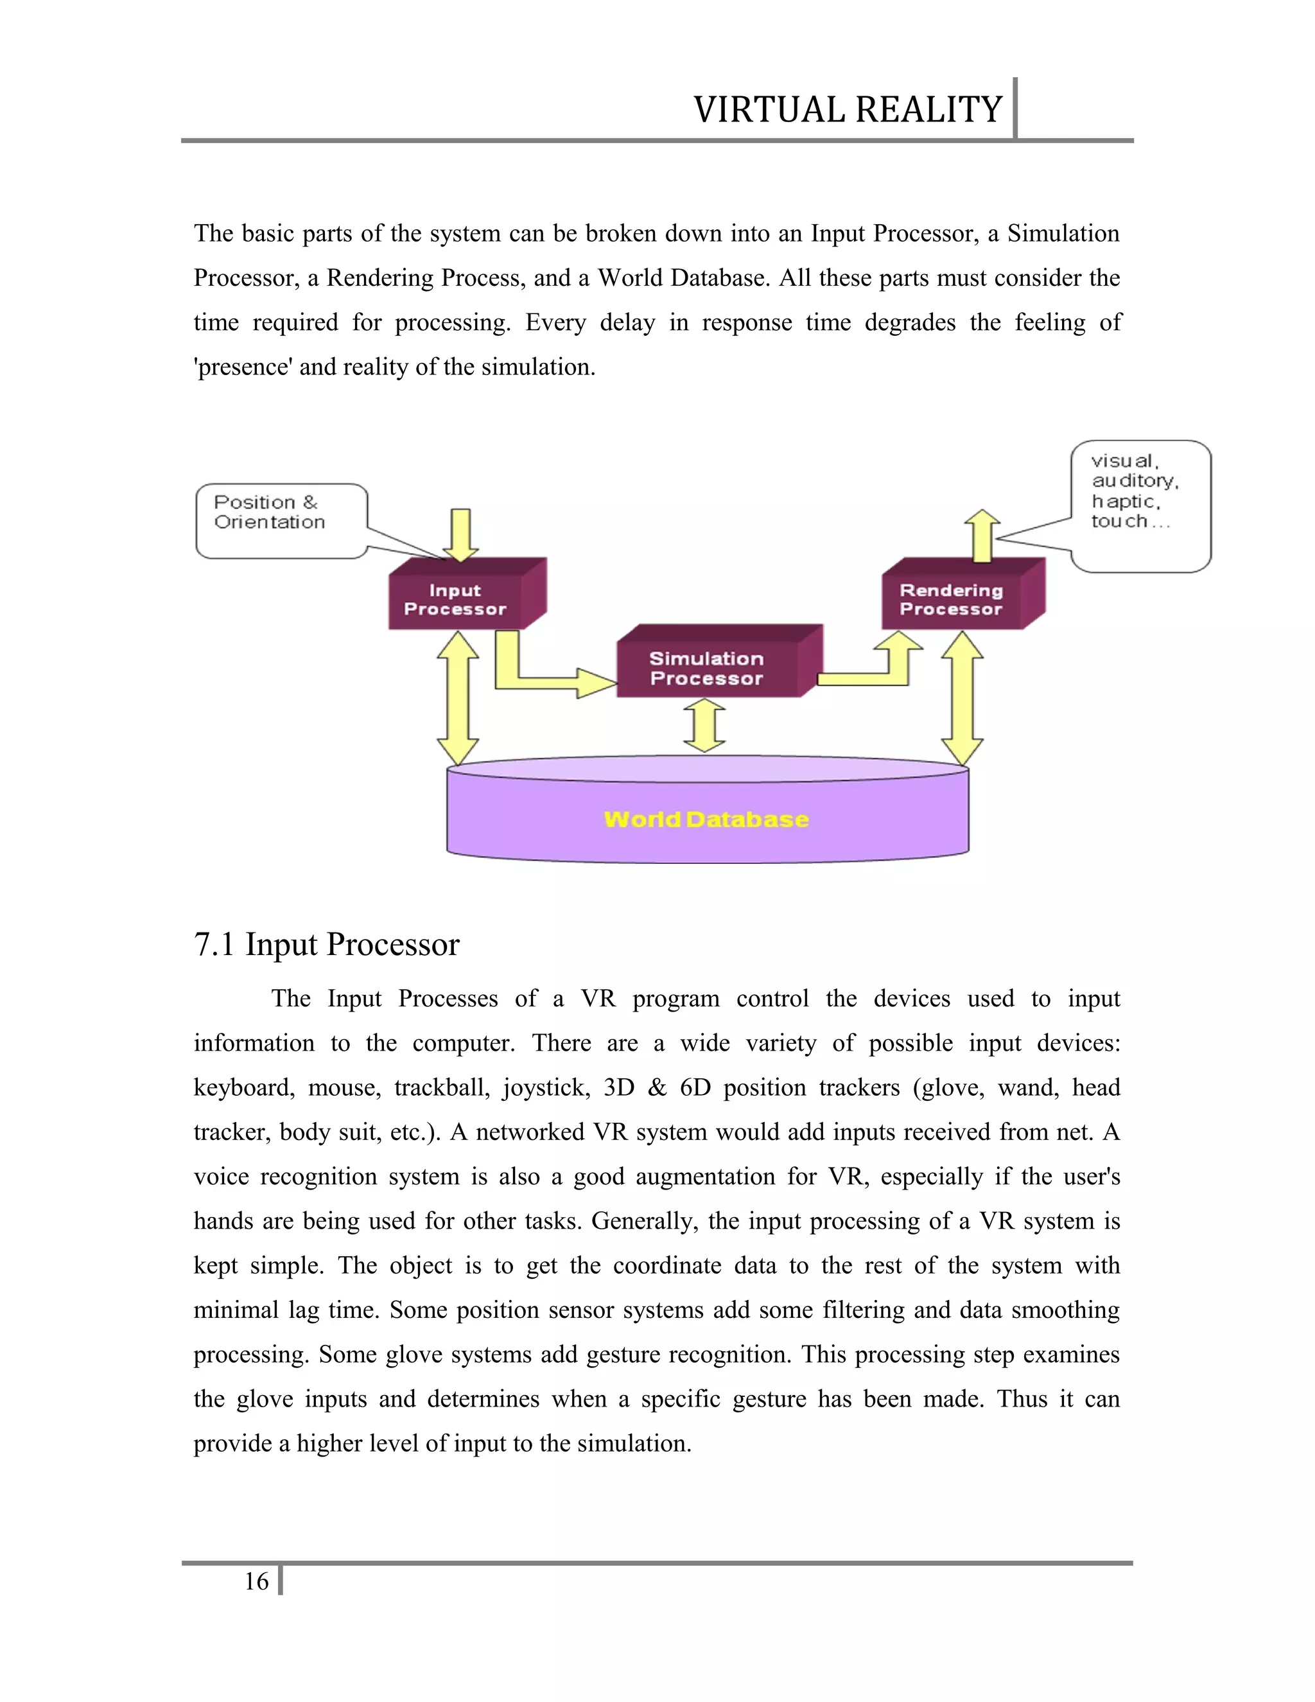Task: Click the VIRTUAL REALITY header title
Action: [847, 110]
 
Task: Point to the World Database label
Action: [706, 819]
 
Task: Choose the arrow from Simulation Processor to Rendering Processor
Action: [880, 670]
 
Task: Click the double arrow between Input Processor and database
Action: [457, 698]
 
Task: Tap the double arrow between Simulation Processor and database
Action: [705, 724]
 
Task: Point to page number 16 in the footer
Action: [256, 1581]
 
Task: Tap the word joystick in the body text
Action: [545, 1087]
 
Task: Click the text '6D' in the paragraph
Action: [695, 1087]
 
